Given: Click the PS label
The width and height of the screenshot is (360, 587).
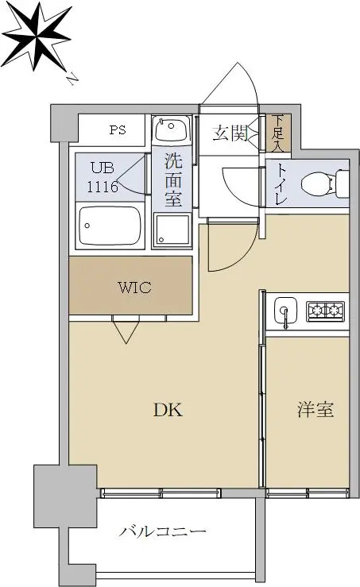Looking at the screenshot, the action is coord(118,130).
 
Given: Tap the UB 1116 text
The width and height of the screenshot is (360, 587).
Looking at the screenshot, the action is coord(103,176).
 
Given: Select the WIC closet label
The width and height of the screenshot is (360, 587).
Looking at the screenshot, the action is coord(134,287).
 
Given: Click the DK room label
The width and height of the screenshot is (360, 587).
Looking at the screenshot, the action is coord(168,410).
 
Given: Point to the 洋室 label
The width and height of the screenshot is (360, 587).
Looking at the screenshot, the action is coord(315,410).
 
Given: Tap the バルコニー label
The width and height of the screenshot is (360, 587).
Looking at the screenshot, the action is coord(163,531).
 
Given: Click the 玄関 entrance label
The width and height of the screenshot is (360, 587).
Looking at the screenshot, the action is coord(230,133).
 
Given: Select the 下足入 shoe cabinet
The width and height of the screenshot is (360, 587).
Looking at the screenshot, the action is coord(278,133).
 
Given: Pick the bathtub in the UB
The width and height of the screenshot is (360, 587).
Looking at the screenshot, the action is coord(110,226).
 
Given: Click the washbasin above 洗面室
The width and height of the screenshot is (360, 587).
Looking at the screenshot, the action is coord(172,129).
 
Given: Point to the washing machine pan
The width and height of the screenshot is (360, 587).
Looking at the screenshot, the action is coord(172,230).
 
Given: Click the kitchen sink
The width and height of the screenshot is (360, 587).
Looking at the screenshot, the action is coord(285,311).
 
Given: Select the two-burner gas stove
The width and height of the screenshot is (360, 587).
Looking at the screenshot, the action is coord(326,311).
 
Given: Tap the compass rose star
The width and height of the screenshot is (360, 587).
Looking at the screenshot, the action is coord(37,37).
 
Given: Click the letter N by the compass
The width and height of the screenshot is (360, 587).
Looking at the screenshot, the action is coord(72,79).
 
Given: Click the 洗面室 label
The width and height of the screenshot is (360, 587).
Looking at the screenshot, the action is coord(173,180).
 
